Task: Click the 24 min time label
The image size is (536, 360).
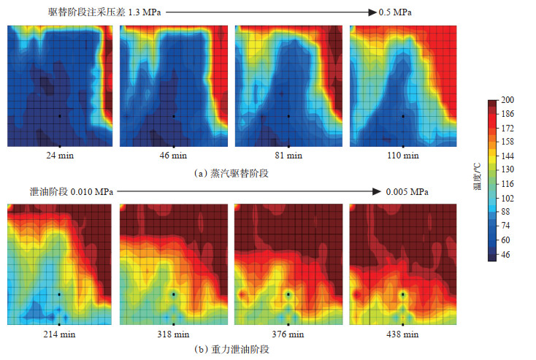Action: click(59, 156)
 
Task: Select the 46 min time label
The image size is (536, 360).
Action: click(174, 156)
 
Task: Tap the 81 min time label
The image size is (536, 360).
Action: click(289, 156)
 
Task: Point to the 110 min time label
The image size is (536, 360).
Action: click(403, 156)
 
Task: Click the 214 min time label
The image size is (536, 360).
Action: click(59, 334)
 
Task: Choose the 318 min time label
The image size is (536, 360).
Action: click(174, 334)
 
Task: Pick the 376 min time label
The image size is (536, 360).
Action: click(289, 334)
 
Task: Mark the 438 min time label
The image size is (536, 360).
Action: click(403, 334)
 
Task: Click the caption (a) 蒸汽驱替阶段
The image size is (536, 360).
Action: click(230, 173)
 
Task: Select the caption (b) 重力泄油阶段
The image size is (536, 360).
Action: click(230, 350)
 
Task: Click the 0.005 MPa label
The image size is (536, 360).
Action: click(403, 191)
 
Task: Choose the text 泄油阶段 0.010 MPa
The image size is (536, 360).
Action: click(72, 191)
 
